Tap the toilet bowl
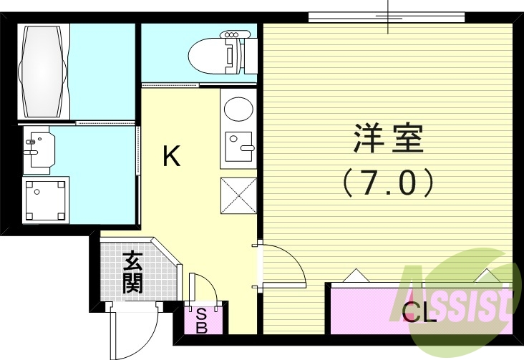coord(208,54)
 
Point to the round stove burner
coord(237,110)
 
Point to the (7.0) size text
coord(388,183)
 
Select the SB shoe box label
coord(202,320)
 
